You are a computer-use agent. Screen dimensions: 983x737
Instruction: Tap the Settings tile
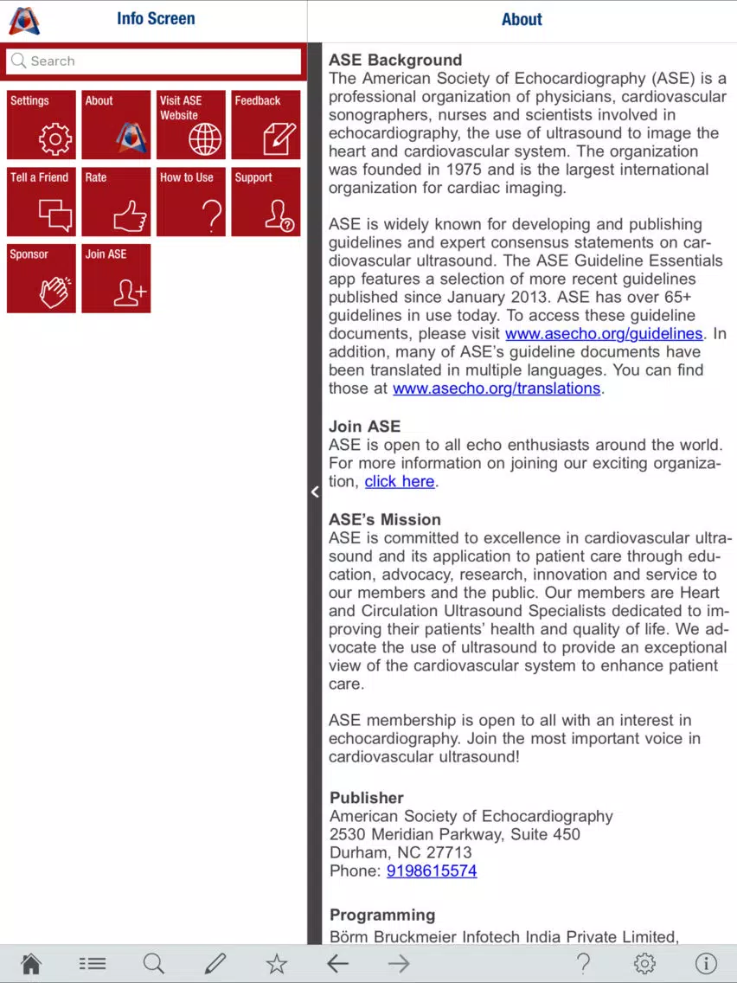(42, 125)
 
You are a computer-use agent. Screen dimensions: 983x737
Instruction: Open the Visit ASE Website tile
(191, 125)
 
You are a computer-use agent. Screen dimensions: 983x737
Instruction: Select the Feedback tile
(266, 125)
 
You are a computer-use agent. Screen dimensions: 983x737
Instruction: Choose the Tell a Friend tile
(42, 202)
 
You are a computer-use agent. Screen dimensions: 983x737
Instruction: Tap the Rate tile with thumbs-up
(116, 202)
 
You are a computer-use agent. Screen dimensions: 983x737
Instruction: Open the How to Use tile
(191, 202)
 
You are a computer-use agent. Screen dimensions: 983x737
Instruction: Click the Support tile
(266, 202)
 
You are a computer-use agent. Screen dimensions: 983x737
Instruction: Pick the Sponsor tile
(42, 278)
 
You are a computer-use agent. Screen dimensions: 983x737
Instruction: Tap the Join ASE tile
(116, 278)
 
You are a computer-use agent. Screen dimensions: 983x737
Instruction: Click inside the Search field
(154, 61)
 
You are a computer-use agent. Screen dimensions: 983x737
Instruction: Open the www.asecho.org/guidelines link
(603, 334)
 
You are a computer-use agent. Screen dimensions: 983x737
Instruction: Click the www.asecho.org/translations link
(496, 389)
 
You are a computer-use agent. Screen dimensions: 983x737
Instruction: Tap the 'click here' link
(399, 482)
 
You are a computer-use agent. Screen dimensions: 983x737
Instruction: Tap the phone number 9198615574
(431, 871)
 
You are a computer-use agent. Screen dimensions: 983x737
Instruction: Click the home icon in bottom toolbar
(31, 963)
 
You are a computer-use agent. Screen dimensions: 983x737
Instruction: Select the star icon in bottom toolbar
(276, 963)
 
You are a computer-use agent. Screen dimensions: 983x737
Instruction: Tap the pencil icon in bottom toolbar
(215, 963)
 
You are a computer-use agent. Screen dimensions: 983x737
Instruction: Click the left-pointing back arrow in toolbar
(337, 963)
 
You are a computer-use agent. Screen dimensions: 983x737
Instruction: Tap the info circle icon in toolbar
(706, 963)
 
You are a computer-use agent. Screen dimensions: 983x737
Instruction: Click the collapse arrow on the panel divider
(315, 491)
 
